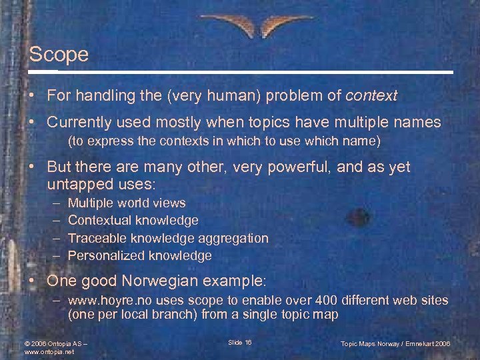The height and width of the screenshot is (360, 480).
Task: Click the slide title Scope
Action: tap(59, 54)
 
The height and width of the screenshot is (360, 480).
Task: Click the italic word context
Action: tap(371, 96)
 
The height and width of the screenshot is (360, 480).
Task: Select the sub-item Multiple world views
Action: tap(127, 203)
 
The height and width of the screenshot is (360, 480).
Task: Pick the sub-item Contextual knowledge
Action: tap(133, 220)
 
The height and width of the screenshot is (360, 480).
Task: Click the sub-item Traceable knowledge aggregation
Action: tap(168, 238)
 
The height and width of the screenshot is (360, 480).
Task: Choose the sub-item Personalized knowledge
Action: tap(139, 255)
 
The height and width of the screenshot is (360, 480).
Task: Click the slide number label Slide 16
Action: tap(239, 343)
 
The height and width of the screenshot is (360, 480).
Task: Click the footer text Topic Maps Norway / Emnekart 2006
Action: tap(395, 343)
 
